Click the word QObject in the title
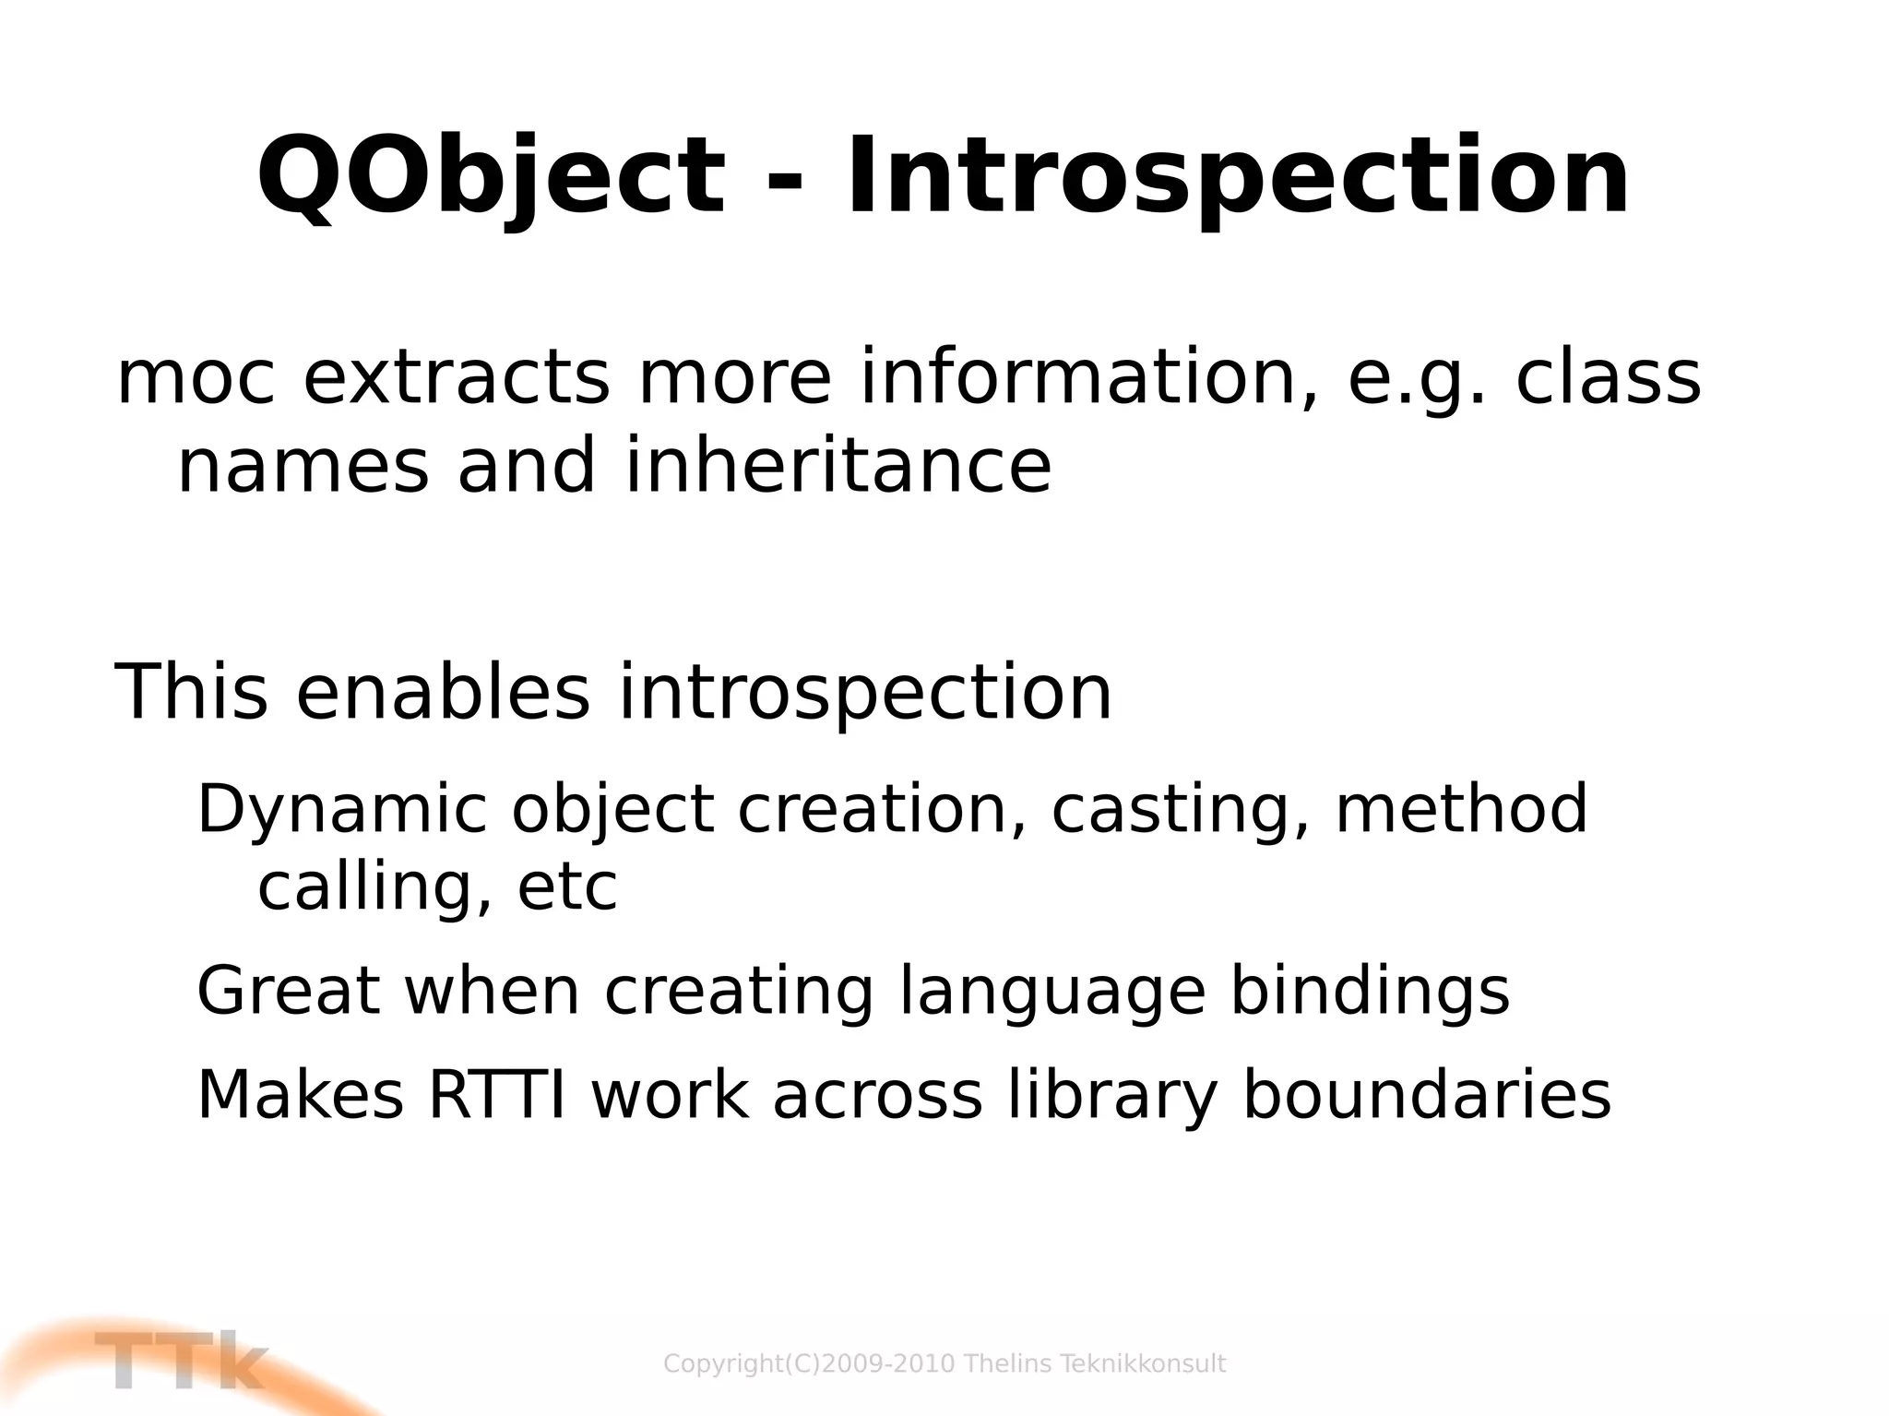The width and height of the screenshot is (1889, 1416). (x=490, y=177)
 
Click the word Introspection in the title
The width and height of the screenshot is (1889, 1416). (x=1236, y=177)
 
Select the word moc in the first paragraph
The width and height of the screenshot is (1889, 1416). (x=195, y=379)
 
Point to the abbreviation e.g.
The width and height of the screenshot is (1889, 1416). (x=1417, y=379)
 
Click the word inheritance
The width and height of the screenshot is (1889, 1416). (x=838, y=466)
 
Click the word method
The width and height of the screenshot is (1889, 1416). (x=1461, y=808)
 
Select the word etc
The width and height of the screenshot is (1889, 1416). (x=566, y=887)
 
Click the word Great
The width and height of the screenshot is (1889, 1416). (x=289, y=991)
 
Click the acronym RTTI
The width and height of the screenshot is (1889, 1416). (x=497, y=1095)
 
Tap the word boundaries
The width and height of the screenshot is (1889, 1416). (x=1426, y=1095)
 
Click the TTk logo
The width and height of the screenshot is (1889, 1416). (x=180, y=1361)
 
